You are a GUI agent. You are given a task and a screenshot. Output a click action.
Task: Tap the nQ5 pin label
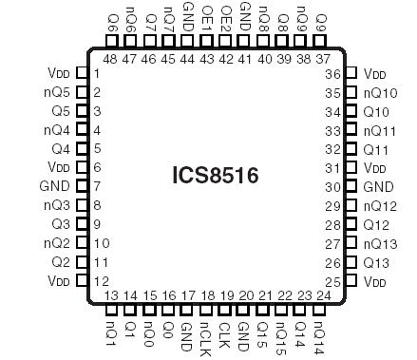tap(58, 92)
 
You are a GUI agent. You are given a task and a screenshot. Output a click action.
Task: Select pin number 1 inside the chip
tap(97, 73)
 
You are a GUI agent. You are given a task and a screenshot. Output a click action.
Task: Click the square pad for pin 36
tap(351, 73)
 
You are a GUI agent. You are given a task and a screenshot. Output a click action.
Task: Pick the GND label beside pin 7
tap(55, 186)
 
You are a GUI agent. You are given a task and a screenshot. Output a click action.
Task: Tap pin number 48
tap(110, 59)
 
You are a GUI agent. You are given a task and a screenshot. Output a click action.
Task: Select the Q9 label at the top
tap(320, 18)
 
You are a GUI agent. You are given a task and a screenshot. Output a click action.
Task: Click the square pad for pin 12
tap(81, 281)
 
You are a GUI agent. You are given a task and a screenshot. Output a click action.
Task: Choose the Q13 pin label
tap(376, 262)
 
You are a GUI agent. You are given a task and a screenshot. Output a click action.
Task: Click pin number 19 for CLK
tap(226, 295)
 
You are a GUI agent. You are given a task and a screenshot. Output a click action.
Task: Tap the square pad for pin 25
tap(351, 281)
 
